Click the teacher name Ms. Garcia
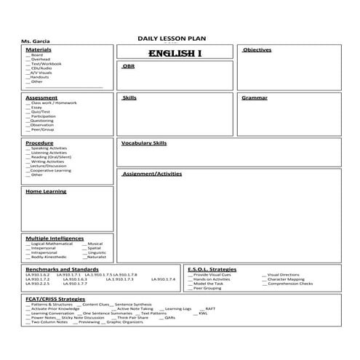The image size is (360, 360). point(36,41)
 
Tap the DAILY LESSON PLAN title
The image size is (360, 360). point(167,39)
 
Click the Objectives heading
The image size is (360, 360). point(257,49)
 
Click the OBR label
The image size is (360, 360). point(129,65)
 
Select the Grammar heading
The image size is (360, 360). point(255,97)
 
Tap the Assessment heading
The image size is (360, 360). point(41,97)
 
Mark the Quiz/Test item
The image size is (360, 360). point(41,111)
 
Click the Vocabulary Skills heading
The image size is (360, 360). point(144,143)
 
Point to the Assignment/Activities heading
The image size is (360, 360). point(152,174)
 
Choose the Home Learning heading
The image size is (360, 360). point(46,191)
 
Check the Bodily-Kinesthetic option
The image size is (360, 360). point(49,257)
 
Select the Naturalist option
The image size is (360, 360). point(97,257)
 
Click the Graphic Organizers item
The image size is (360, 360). point(121,321)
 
